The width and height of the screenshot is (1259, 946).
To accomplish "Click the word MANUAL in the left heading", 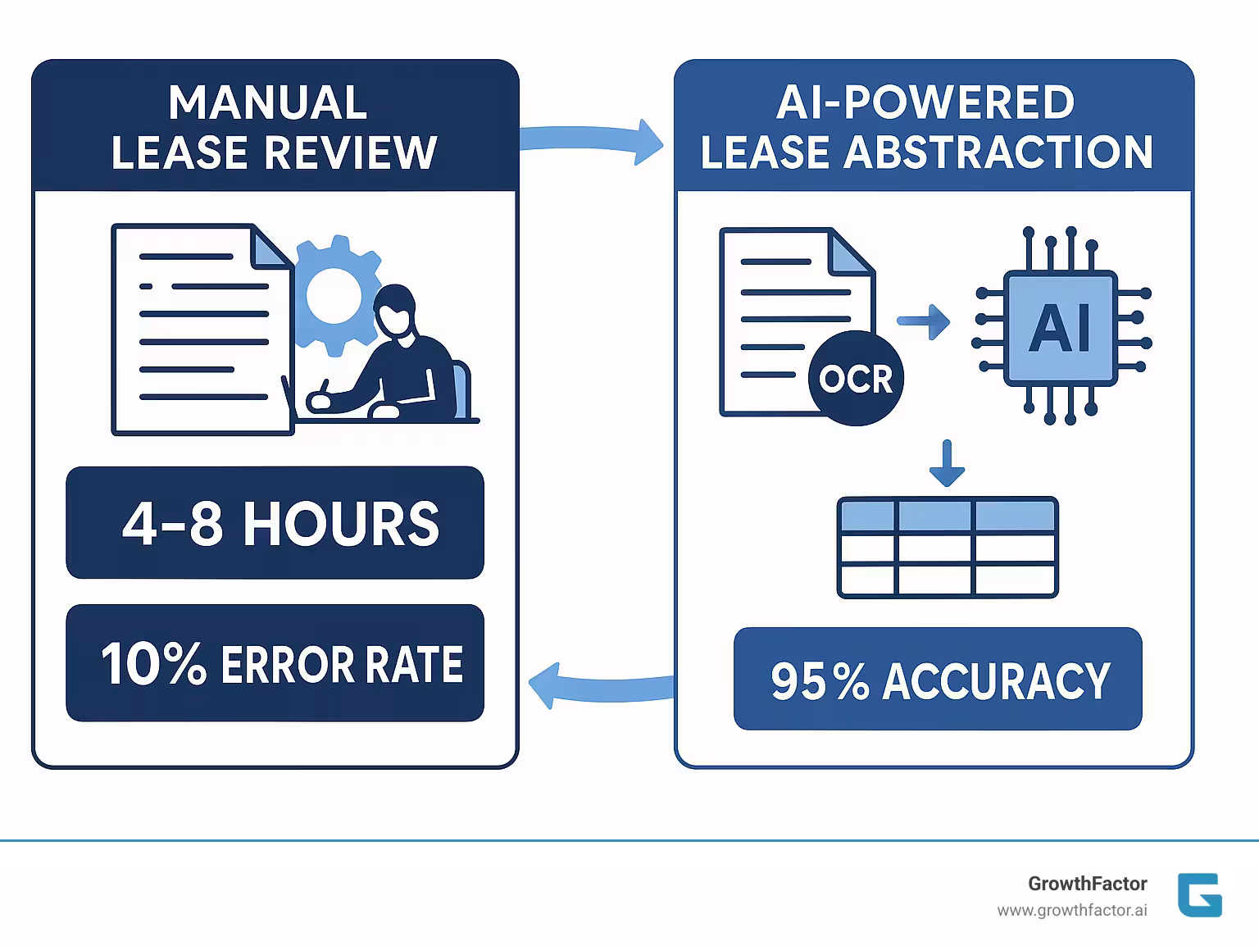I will pyautogui.click(x=267, y=103).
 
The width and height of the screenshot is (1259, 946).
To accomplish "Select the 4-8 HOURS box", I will pyautogui.click(x=275, y=523).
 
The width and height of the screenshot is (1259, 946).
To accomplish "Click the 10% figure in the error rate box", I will pyautogui.click(x=152, y=664).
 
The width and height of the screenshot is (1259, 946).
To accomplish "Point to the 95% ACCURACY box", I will pyautogui.click(x=938, y=680).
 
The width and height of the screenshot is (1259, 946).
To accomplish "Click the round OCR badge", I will pyautogui.click(x=856, y=379).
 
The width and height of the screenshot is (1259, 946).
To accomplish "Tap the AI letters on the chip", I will pyautogui.click(x=1061, y=327).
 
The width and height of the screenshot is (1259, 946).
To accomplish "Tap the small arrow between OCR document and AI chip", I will pyautogui.click(x=924, y=321).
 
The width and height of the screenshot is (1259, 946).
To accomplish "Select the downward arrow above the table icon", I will pyautogui.click(x=948, y=464).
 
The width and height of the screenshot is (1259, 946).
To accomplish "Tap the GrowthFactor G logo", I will pyautogui.click(x=1200, y=894).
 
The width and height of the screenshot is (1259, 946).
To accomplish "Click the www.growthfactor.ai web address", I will pyautogui.click(x=1071, y=911).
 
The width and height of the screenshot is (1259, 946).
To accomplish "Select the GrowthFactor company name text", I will pyautogui.click(x=1087, y=884).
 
